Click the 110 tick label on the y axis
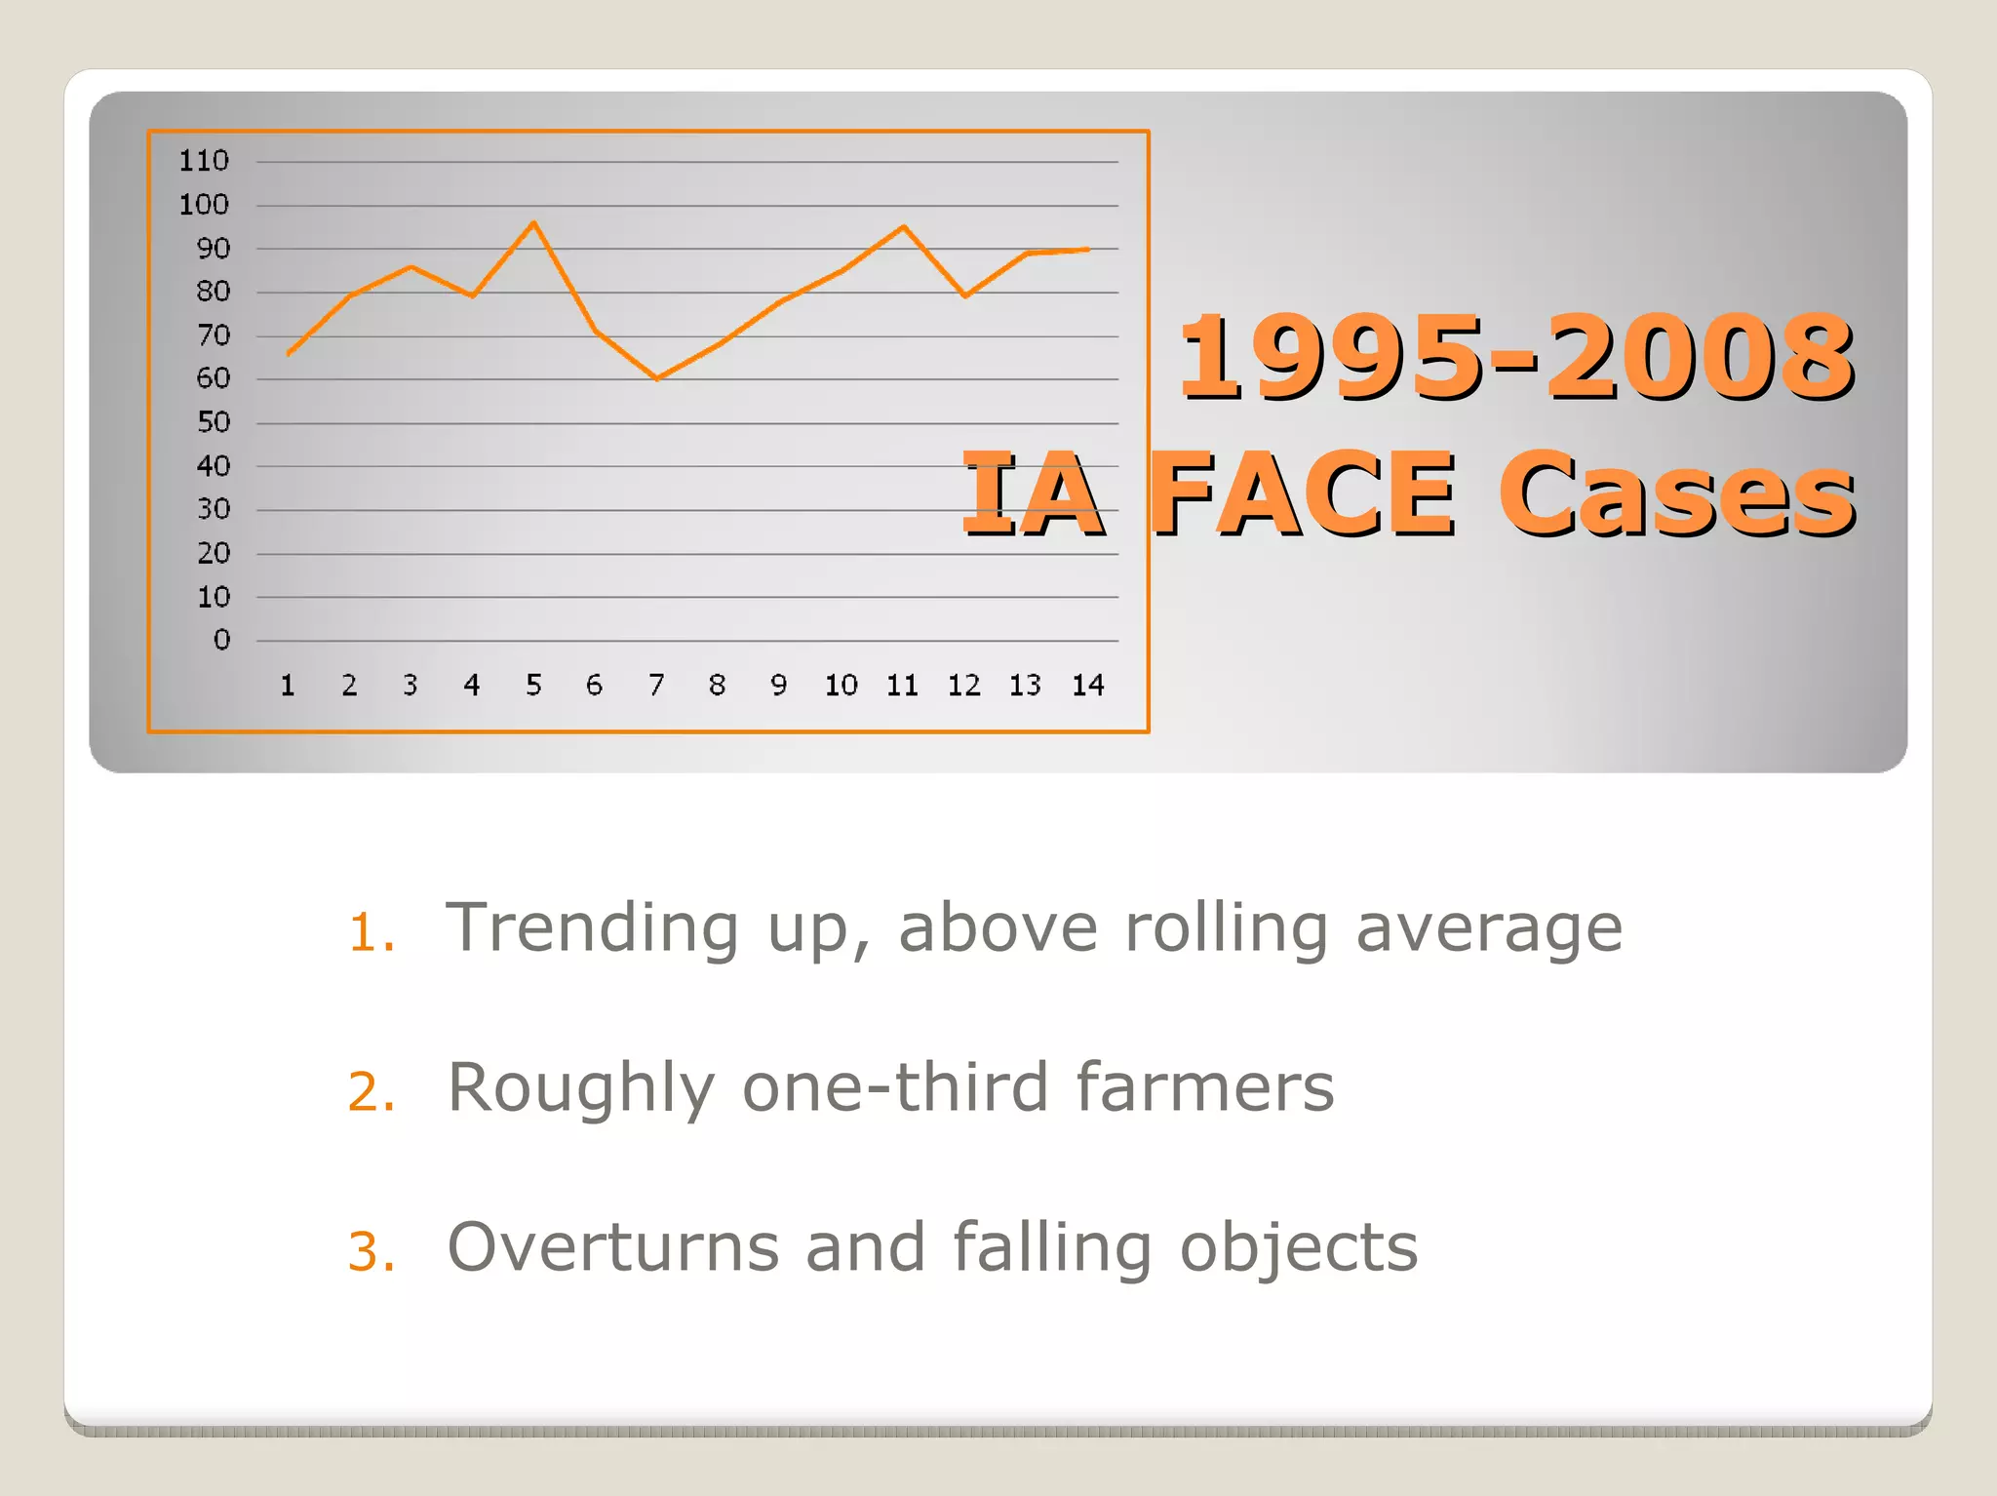(x=203, y=161)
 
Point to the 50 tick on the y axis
(x=214, y=422)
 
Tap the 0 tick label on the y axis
(x=222, y=640)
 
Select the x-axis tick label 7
(x=656, y=686)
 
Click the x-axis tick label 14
(x=1087, y=686)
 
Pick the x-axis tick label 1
(x=288, y=686)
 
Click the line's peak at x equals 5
(x=533, y=223)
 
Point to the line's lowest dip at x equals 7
(x=657, y=378)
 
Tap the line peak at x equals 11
(x=904, y=227)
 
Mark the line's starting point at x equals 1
(x=289, y=354)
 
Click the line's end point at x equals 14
(x=1087, y=250)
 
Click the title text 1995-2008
(x=1515, y=357)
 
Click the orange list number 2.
(x=371, y=1091)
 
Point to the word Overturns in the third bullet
(x=613, y=1247)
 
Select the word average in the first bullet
(x=1489, y=928)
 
